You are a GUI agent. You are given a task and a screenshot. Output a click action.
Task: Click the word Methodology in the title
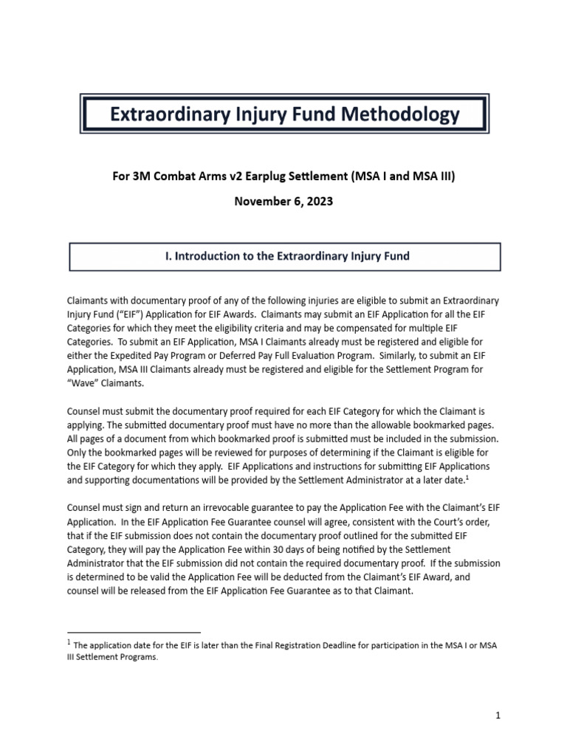[x=402, y=114]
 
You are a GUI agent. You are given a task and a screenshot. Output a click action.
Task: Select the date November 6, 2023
[x=283, y=201]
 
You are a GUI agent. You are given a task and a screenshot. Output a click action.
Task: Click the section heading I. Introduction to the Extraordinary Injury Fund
[x=285, y=256]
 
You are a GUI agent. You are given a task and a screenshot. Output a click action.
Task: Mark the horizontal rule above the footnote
[x=134, y=632]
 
